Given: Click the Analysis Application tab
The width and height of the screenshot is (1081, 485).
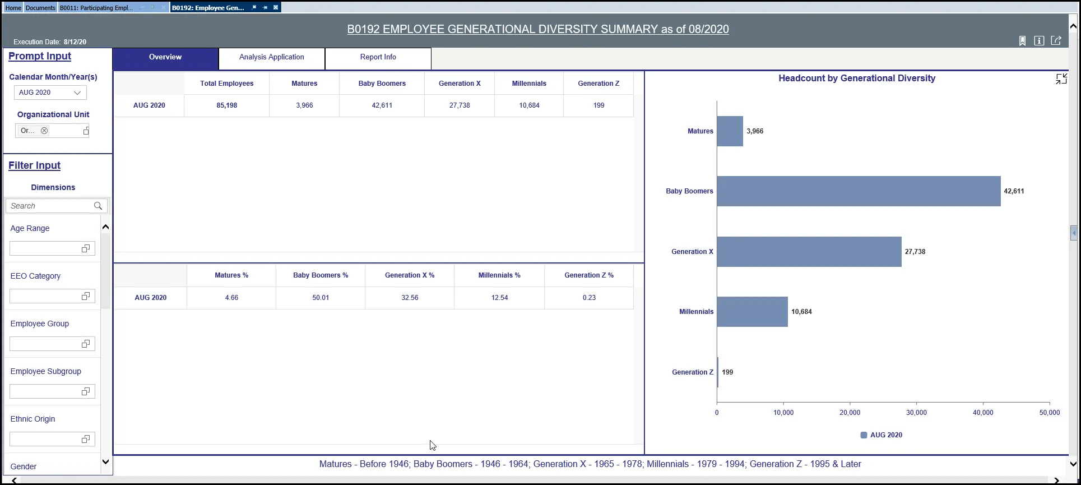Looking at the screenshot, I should [x=271, y=57].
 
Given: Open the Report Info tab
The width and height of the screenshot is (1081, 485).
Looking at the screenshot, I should [x=378, y=57].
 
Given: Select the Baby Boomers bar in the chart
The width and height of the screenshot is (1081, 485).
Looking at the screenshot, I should [x=858, y=191].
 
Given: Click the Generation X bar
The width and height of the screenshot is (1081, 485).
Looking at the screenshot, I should [x=809, y=252].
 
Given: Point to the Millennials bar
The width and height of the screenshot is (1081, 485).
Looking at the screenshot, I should [x=752, y=312].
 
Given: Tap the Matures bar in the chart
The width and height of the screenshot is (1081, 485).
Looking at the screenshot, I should [x=730, y=131].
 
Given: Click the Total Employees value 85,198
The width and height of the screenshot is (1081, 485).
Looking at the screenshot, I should [x=227, y=105].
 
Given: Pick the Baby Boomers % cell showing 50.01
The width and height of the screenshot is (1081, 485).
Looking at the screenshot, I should [x=321, y=298].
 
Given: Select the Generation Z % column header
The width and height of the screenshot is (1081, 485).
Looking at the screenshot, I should [x=588, y=275].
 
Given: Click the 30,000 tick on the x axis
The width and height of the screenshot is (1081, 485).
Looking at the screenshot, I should [x=916, y=413].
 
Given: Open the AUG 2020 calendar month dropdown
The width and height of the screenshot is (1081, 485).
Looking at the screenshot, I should [x=50, y=93].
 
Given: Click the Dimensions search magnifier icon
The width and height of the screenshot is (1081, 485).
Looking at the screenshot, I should [x=98, y=206].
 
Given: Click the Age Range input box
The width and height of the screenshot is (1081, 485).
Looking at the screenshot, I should [x=45, y=248].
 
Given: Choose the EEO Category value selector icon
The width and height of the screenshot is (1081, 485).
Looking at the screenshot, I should [x=86, y=296].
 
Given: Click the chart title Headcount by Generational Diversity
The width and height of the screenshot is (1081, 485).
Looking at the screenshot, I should [x=856, y=78].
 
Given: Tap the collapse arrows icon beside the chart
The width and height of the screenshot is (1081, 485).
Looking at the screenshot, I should [x=1061, y=79].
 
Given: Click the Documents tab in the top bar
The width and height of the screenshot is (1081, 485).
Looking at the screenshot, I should [x=40, y=8].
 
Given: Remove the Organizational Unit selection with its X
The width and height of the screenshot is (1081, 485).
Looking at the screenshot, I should [x=44, y=131].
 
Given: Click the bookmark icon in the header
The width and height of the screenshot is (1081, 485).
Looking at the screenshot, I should [x=1022, y=41].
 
